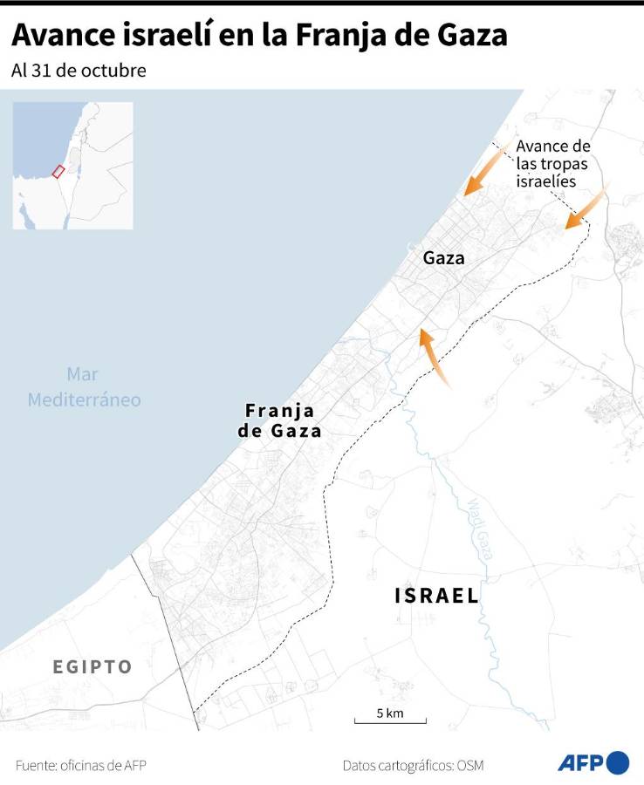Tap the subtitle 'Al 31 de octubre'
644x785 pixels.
(x=79, y=71)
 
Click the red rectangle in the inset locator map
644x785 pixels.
(x=58, y=171)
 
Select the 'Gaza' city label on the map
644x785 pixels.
(x=443, y=258)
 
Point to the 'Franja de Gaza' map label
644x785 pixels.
(x=279, y=420)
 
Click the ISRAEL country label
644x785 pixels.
(x=436, y=596)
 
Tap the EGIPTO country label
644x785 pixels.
(x=92, y=667)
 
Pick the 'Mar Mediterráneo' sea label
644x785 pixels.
(x=84, y=387)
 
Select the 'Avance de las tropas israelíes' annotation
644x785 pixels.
(x=553, y=163)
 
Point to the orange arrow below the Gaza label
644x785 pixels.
(x=434, y=356)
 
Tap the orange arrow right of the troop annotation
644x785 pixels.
(x=586, y=209)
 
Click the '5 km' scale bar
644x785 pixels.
(x=390, y=717)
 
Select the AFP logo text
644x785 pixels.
(x=580, y=763)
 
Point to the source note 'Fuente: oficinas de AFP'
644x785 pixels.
(x=80, y=765)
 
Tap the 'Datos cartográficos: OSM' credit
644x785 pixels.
(x=413, y=765)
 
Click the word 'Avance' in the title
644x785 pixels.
(x=62, y=36)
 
